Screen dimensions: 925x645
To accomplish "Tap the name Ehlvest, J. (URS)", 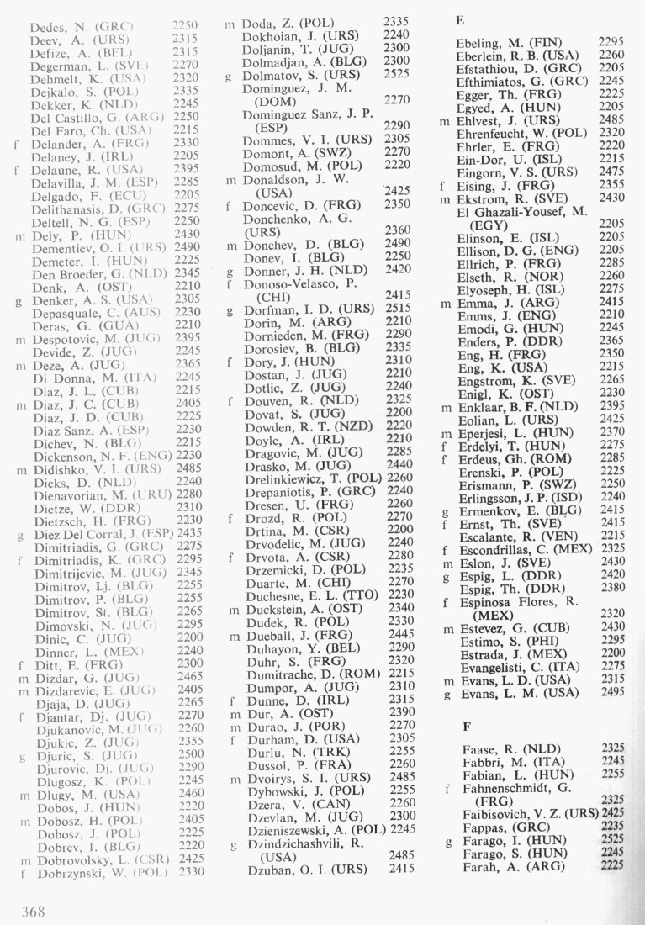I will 502,121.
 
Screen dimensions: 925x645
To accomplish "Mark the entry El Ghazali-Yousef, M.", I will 521,211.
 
